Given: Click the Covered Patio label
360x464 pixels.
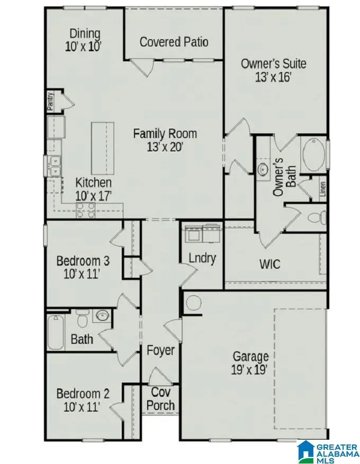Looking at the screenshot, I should point(174,42).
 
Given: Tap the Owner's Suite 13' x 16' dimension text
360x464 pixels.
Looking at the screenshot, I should point(273,76).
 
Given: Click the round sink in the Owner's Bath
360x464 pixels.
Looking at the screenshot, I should point(264,169).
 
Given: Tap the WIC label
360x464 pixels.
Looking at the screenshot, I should point(269,263).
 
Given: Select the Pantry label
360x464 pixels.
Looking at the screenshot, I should point(50,100).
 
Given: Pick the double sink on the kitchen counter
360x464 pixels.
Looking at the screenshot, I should point(55,166).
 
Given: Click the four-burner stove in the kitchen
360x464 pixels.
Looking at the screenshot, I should point(86,210).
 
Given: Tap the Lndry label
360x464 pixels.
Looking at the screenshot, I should point(202,258).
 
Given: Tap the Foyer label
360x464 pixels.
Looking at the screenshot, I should point(160,350).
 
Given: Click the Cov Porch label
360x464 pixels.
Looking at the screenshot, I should point(160,399).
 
